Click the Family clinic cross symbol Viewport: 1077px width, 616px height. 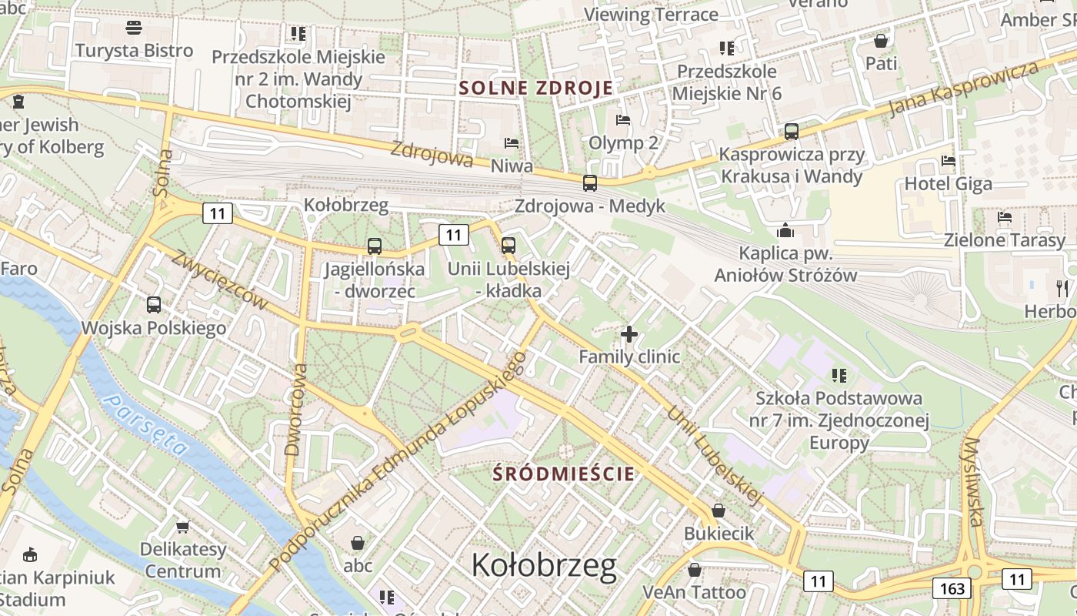click(629, 334)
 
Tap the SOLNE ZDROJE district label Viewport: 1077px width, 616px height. click(536, 88)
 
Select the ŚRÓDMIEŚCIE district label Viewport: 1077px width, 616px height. click(565, 474)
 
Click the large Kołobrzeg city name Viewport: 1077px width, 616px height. click(544, 566)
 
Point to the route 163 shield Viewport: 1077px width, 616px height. click(952, 589)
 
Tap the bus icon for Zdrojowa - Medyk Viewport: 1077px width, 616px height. click(589, 183)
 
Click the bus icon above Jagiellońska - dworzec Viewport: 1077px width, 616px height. click(374, 246)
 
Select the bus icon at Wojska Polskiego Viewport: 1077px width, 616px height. click(154, 304)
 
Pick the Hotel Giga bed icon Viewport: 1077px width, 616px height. click(949, 162)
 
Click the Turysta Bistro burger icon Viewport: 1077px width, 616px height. click(134, 28)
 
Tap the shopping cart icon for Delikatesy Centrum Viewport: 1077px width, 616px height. click(183, 527)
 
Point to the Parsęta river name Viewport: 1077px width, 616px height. click(146, 424)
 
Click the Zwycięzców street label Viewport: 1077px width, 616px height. click(220, 281)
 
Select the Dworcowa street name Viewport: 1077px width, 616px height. click(295, 410)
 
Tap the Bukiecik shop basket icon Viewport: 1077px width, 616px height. click(718, 511)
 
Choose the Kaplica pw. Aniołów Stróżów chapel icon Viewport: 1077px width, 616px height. click(785, 230)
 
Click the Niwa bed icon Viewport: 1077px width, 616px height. click(512, 143)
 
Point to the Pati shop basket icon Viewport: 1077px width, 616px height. click(881, 41)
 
